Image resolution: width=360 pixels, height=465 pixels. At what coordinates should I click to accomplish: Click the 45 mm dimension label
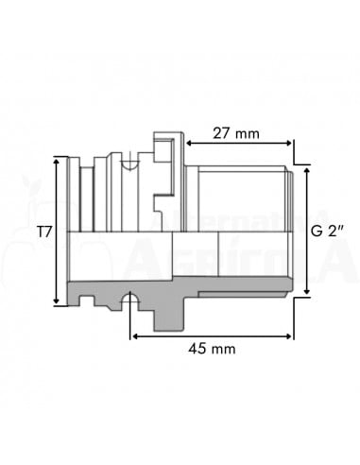(x=212, y=349)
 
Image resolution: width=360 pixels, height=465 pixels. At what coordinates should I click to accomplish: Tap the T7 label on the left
(x=43, y=231)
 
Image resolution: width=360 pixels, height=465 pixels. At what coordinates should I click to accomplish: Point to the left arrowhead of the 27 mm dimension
(x=189, y=144)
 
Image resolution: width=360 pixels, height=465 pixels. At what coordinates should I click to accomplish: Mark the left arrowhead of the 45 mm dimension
(x=134, y=335)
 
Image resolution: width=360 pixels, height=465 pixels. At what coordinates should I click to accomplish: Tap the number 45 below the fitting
(x=197, y=349)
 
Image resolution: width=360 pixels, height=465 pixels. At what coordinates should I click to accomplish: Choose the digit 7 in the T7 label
(x=47, y=231)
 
